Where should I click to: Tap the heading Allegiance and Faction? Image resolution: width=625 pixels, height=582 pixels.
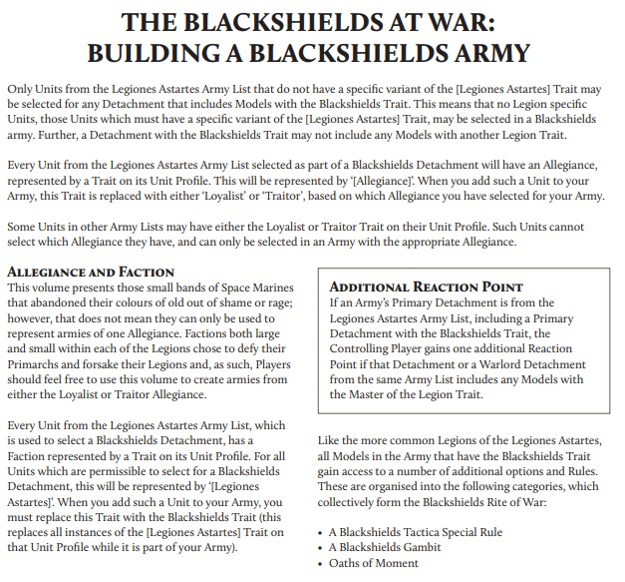pyautogui.click(x=91, y=272)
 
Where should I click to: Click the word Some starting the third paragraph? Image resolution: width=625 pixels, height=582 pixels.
pyautogui.click(x=23, y=226)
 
